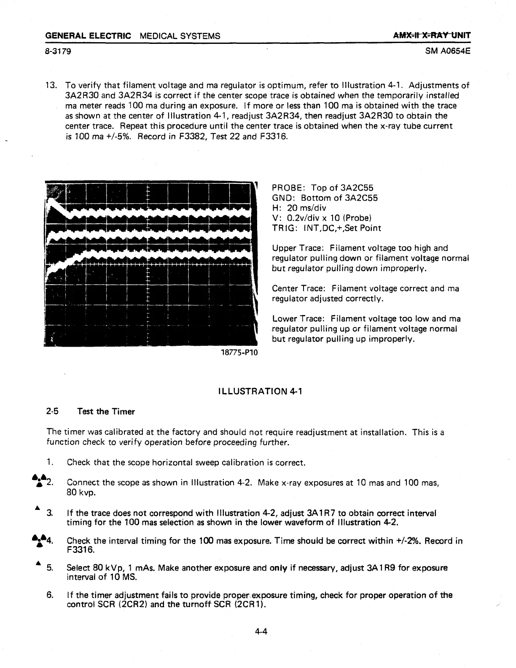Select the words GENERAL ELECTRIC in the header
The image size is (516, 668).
[x=88, y=36]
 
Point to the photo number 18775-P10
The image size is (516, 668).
[x=239, y=352]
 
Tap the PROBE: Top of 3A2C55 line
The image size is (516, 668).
[x=323, y=188]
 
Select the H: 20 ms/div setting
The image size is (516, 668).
[x=299, y=208]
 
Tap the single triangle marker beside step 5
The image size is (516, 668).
[x=38, y=563]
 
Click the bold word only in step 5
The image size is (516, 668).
[x=278, y=568]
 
